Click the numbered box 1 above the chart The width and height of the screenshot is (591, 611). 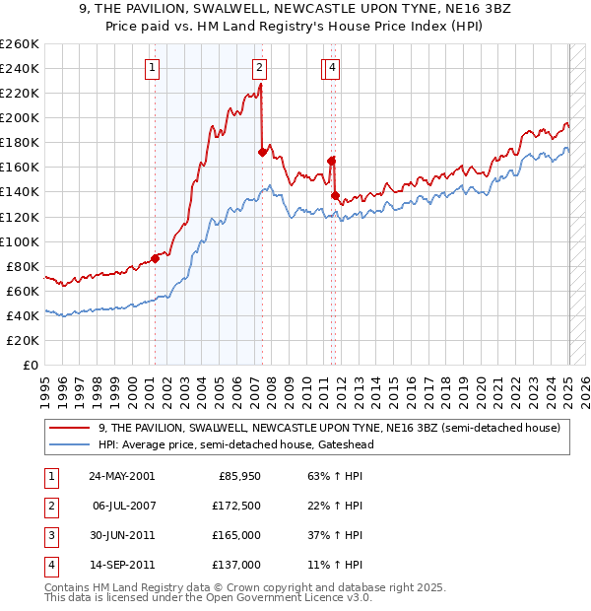tap(154, 68)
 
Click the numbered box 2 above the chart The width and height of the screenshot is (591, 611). tap(258, 68)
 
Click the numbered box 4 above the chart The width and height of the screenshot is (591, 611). tap(333, 68)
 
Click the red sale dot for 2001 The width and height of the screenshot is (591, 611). tap(156, 258)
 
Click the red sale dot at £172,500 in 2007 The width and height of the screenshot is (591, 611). tap(262, 152)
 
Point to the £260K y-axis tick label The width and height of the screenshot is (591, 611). tap(20, 44)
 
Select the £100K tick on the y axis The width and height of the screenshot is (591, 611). tap(20, 241)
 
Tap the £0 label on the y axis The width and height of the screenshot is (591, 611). tap(30, 365)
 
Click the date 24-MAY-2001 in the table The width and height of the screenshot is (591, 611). tap(121, 476)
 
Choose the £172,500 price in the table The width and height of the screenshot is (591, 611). tap(236, 506)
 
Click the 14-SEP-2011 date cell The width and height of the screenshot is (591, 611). tap(121, 565)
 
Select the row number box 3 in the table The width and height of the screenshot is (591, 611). tap(49, 535)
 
